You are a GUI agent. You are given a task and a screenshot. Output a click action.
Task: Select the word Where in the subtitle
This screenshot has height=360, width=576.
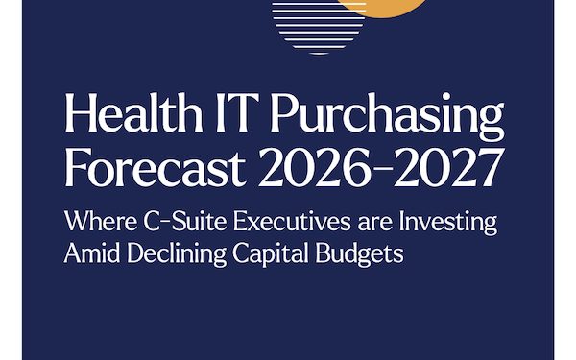(94, 222)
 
